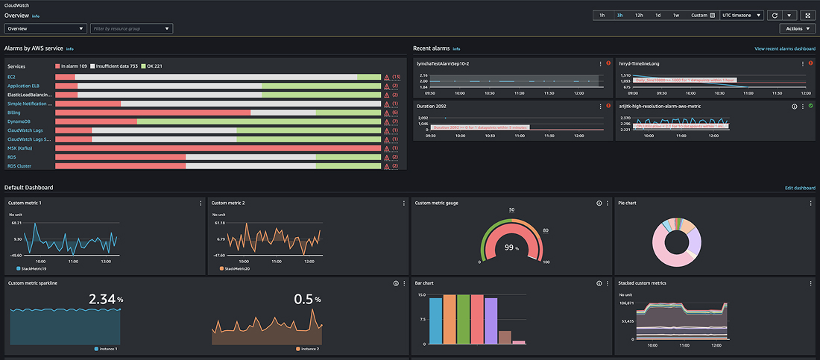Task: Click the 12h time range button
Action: [x=639, y=15]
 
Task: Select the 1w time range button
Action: [x=675, y=15]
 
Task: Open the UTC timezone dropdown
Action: [x=742, y=15]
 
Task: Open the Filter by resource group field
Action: [x=131, y=29]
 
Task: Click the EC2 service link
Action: [x=12, y=77]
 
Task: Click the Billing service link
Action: [x=14, y=113]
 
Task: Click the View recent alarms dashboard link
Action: [x=785, y=48]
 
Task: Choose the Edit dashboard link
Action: [x=800, y=188]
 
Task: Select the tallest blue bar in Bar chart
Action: [x=435, y=319]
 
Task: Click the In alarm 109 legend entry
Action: [x=75, y=66]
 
